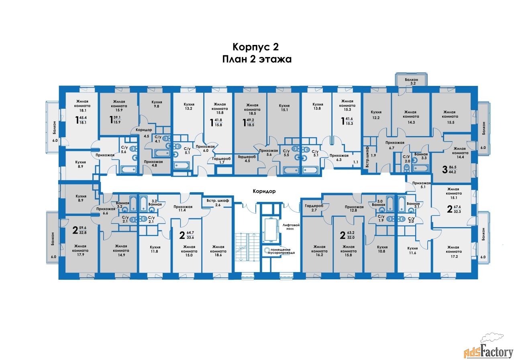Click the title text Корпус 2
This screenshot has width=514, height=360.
click(x=256, y=47)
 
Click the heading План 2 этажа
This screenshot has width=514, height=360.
click(x=257, y=59)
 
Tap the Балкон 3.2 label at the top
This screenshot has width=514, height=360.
click(x=412, y=81)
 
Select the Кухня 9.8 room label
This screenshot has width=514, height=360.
click(x=157, y=104)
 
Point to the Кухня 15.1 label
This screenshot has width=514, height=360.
click(x=284, y=108)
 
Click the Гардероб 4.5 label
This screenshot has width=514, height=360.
click(x=247, y=159)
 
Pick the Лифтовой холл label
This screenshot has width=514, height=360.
click(x=291, y=227)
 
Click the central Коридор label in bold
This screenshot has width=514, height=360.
click(x=264, y=191)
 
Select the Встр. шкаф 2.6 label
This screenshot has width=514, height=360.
click(x=218, y=203)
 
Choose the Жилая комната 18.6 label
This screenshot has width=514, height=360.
click(x=218, y=251)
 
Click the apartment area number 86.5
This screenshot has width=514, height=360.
click(x=453, y=167)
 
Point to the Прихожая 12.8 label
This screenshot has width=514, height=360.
click(x=354, y=208)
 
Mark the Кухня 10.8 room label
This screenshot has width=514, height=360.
click(x=382, y=249)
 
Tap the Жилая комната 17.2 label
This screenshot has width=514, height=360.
click(x=454, y=252)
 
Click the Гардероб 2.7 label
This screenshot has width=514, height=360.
click(x=314, y=208)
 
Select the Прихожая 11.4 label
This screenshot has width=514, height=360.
click(x=183, y=208)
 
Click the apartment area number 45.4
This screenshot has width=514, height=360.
click(x=83, y=118)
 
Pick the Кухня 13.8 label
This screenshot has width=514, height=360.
click(x=318, y=106)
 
